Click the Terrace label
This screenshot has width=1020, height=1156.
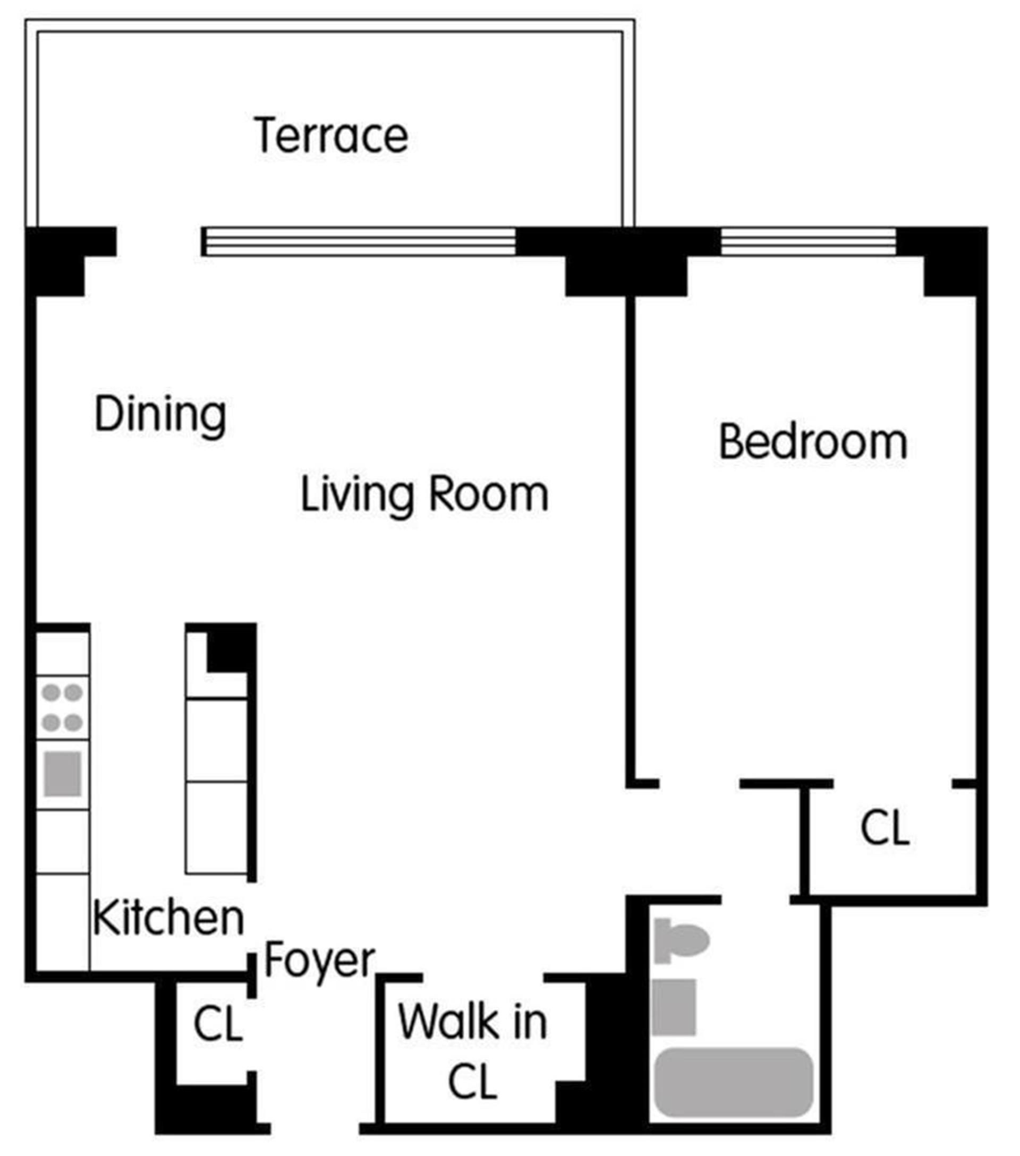point(331,135)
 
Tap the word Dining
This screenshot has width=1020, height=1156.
point(160,415)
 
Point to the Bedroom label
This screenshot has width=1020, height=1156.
point(813,442)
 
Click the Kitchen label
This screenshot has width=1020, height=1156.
point(168,918)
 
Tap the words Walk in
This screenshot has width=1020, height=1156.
point(473,1022)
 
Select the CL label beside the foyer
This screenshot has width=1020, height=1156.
point(218,1024)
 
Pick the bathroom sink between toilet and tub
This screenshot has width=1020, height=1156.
point(674,1007)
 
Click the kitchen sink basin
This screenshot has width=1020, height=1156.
point(62,774)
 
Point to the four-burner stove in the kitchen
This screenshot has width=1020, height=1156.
point(62,707)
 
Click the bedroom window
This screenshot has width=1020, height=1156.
point(809,242)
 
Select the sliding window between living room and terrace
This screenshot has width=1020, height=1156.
point(359,242)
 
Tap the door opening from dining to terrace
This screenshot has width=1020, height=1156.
point(159,242)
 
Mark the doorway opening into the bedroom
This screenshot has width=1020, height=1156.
point(700,783)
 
